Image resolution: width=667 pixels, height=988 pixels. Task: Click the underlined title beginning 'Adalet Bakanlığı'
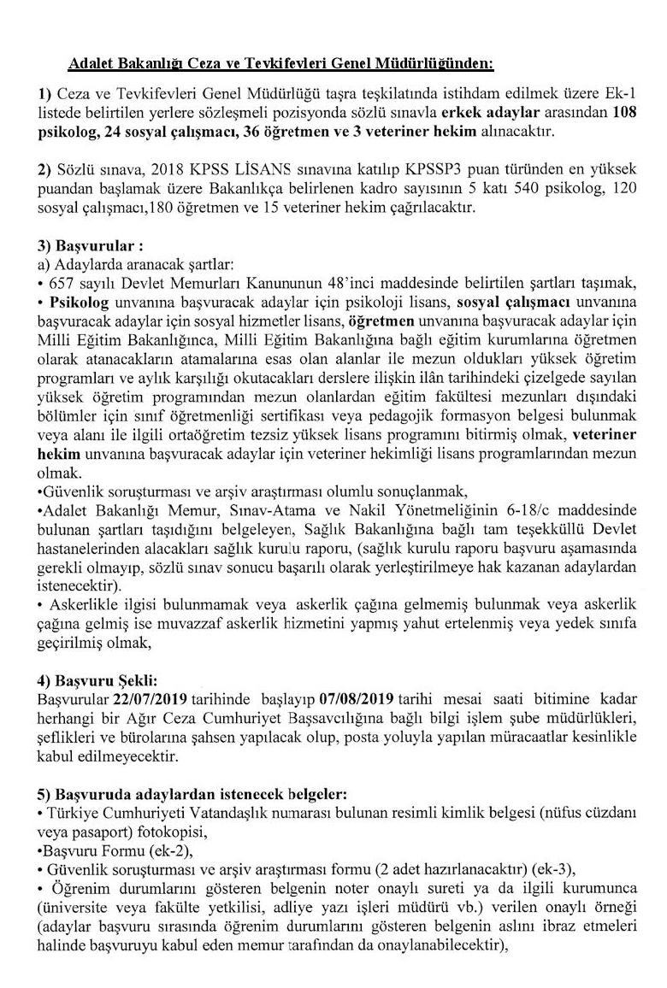[x=280, y=63]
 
